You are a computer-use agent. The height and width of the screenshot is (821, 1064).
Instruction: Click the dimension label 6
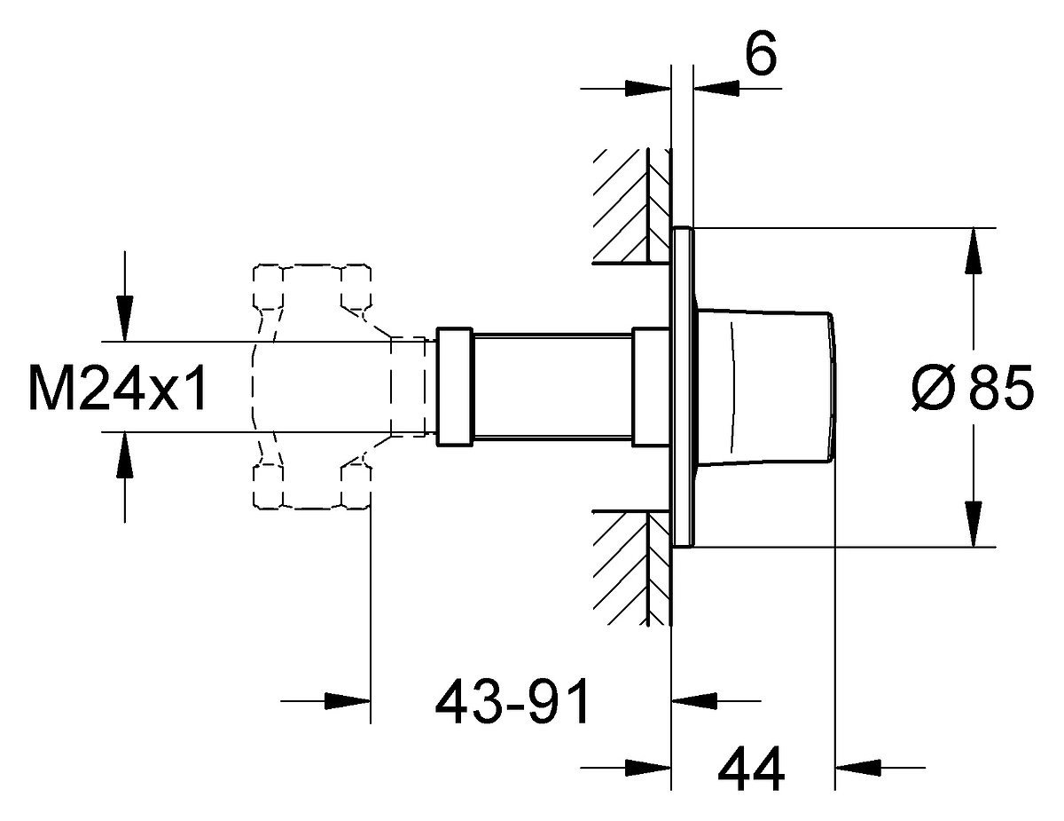(x=761, y=53)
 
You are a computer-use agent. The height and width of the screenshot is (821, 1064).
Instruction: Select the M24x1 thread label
(x=118, y=387)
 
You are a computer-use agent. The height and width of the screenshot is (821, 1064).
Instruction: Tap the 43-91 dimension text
(x=512, y=701)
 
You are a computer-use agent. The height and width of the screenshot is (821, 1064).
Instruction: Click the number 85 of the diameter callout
(x=1001, y=388)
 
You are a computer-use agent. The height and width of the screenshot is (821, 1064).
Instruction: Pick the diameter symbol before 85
(x=934, y=388)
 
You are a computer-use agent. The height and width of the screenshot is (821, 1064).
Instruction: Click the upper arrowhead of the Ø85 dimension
(x=974, y=250)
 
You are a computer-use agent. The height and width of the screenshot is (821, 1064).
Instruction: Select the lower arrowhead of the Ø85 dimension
(x=974, y=524)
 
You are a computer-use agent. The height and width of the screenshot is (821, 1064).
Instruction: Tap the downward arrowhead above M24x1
(x=125, y=319)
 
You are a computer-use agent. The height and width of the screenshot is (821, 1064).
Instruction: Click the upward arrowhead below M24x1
(x=125, y=454)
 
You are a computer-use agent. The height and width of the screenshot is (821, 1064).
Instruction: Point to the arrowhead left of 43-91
(x=348, y=701)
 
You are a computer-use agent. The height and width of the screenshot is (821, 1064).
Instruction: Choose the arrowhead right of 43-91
(x=694, y=701)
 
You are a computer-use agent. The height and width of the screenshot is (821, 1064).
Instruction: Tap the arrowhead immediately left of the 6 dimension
(x=648, y=89)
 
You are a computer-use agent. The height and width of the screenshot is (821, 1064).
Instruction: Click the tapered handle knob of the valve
(x=763, y=387)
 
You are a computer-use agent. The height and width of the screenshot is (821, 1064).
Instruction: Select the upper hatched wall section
(x=631, y=206)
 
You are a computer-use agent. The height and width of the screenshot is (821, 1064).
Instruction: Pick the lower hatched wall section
(x=631, y=569)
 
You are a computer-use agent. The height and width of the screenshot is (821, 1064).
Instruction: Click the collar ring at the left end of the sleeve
(x=454, y=387)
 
